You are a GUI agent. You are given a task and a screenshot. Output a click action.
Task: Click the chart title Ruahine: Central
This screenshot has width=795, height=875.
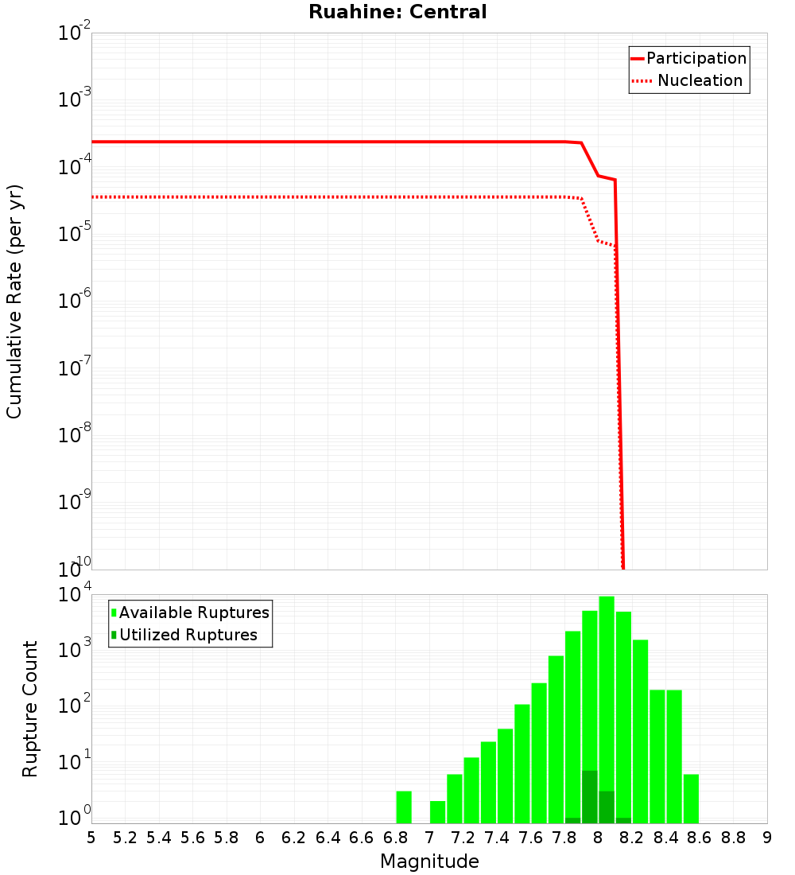point(397,12)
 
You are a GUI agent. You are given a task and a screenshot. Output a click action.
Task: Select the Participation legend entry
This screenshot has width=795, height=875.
point(696,58)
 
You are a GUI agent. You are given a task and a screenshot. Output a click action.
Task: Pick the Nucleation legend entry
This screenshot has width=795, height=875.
point(699,80)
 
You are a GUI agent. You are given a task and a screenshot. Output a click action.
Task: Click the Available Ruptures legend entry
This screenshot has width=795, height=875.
point(193,612)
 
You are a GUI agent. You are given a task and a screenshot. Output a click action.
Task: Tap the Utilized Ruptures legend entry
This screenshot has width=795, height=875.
point(188,635)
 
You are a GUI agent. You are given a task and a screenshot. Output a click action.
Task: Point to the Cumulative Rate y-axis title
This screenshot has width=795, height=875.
point(14,301)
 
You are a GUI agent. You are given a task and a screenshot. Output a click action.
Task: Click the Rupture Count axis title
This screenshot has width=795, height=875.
point(30,708)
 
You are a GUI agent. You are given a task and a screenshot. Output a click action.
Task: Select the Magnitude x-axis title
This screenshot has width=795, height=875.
point(429,861)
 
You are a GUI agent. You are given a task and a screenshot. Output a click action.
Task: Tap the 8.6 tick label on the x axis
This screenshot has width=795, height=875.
point(700,837)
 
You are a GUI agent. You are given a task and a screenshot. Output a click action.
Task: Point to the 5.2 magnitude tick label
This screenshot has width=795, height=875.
point(125,837)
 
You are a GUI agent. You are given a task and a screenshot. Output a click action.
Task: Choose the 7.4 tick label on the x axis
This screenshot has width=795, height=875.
point(497,837)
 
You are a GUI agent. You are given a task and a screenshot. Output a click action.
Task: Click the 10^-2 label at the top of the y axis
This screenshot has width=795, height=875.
point(76,33)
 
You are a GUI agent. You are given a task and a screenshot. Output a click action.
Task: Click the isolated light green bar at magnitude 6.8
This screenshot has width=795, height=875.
point(404,807)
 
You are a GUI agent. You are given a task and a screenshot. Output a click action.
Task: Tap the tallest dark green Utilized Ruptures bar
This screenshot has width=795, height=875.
point(589,796)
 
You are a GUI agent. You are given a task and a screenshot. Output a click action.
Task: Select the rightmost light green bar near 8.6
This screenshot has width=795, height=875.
point(691,799)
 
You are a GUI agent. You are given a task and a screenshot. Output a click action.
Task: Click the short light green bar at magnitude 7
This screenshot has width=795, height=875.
point(437,811)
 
